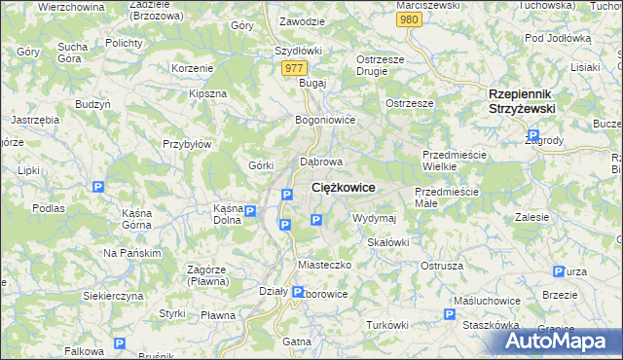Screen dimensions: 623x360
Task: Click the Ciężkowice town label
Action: [344, 187]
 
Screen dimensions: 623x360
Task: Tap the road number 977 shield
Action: [295, 68]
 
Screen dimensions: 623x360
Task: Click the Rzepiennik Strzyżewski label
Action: [521, 102]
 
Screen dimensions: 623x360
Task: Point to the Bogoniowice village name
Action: [325, 121]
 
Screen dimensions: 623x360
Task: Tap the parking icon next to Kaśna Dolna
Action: [250, 212]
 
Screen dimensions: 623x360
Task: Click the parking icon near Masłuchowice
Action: [450, 314]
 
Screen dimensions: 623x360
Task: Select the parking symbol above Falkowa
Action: [119, 343]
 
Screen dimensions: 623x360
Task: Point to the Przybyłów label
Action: [187, 143]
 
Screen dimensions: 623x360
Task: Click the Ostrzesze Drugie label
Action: [379, 65]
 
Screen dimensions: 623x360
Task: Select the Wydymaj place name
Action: [374, 218]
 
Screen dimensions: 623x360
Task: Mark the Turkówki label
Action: [387, 324]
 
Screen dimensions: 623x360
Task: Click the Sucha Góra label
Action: [72, 53]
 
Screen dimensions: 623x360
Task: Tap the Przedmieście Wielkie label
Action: [453, 161]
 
